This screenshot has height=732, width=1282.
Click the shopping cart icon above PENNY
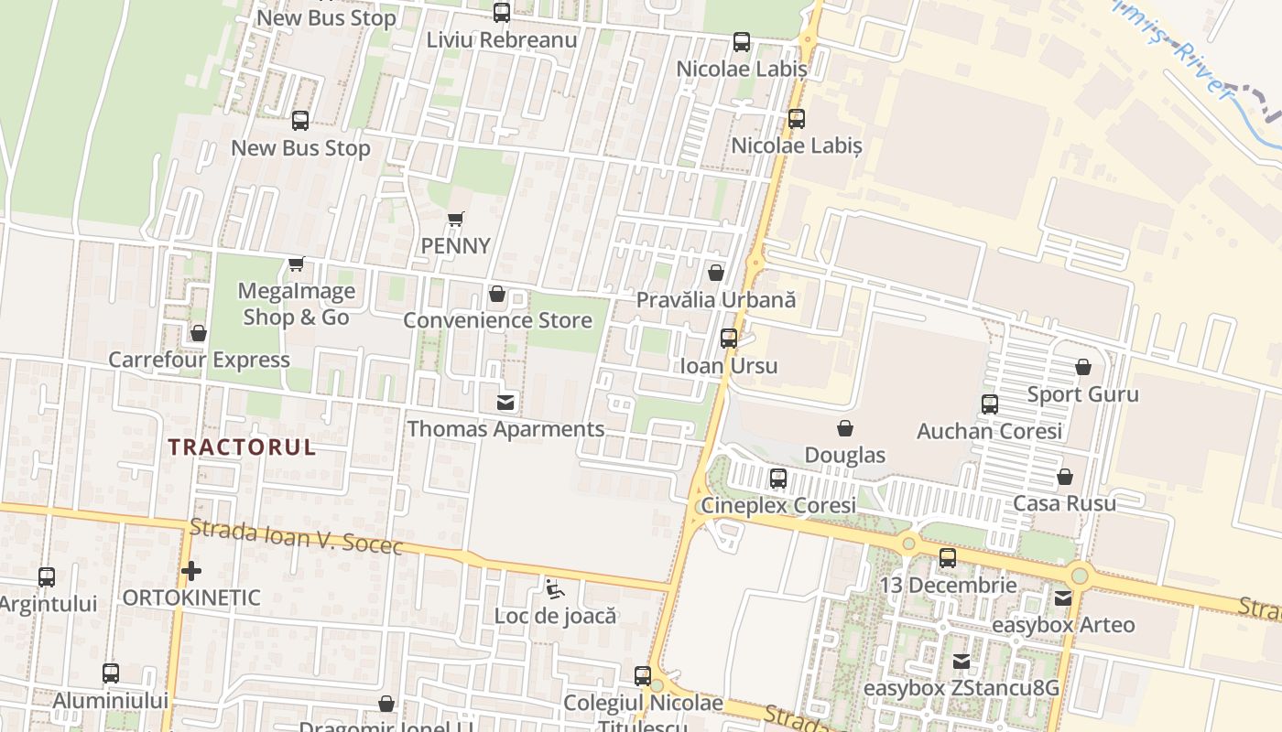click(x=456, y=219)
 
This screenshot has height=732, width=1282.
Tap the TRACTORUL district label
click(x=242, y=447)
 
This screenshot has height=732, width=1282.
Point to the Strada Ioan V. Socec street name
click(x=296, y=537)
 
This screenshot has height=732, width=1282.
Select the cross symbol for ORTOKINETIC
click(x=190, y=572)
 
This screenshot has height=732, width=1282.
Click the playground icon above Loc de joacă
click(x=554, y=588)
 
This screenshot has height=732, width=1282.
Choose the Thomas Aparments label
click(x=505, y=429)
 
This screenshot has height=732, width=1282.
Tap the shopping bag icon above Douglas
click(x=845, y=428)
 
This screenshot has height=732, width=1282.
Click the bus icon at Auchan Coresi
click(x=989, y=404)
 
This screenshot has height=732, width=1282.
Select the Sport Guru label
click(x=1082, y=394)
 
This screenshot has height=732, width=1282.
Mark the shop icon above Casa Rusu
click(x=1064, y=477)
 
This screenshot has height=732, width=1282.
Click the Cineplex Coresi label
click(x=778, y=505)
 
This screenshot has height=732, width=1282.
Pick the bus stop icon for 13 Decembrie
click(x=948, y=558)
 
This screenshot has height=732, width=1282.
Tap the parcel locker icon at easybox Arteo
click(x=1063, y=598)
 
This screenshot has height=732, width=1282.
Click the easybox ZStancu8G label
click(x=961, y=688)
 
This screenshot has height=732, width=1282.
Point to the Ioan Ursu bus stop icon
click(x=729, y=339)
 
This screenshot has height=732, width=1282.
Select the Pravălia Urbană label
click(x=716, y=300)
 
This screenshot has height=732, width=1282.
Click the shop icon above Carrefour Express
click(x=199, y=333)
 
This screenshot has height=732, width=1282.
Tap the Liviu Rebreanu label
click(x=502, y=40)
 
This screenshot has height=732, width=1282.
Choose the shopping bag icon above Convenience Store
click(x=497, y=294)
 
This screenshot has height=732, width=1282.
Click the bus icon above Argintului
click(x=47, y=577)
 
